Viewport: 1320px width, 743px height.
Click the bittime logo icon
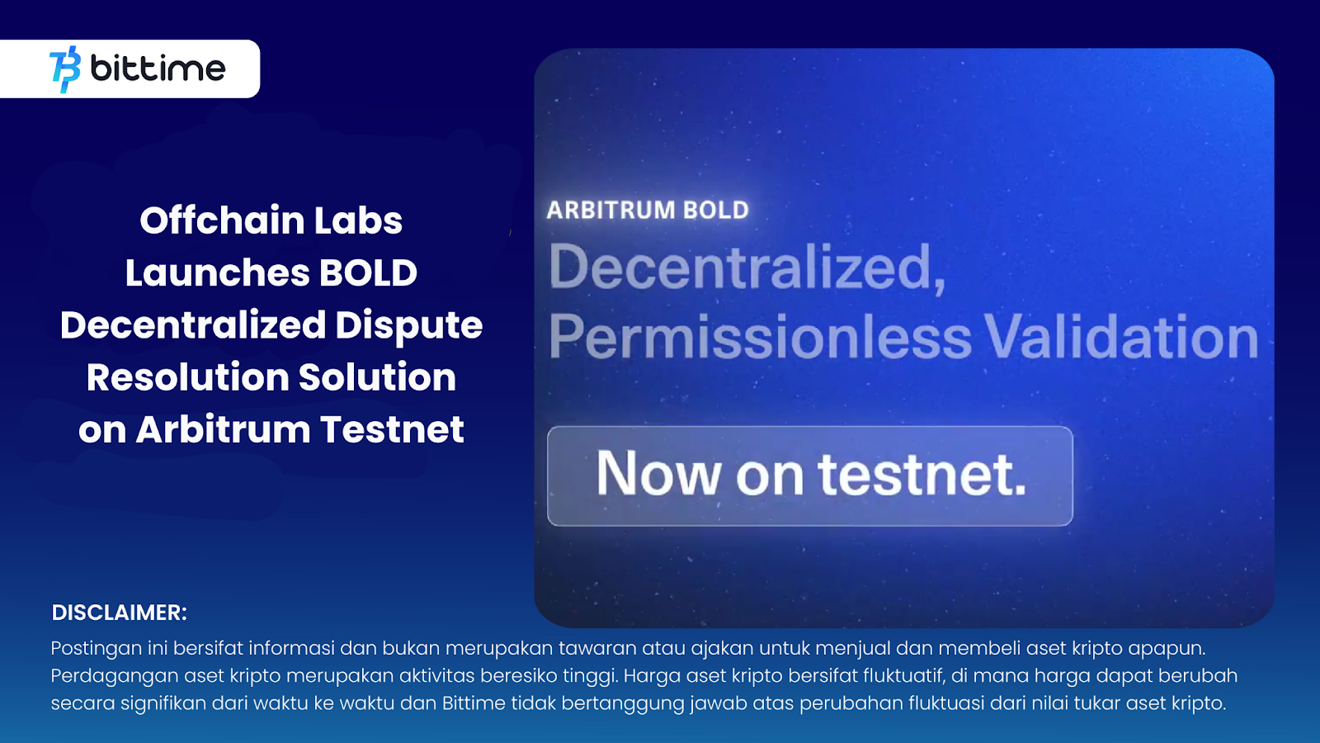click(x=65, y=69)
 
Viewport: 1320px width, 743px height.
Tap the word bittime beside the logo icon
click(x=158, y=69)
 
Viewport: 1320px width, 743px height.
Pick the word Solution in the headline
click(x=377, y=377)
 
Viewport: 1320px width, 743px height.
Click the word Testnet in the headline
click(x=392, y=429)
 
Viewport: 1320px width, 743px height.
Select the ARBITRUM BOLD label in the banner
click(x=648, y=211)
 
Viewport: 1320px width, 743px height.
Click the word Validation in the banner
click(x=1122, y=338)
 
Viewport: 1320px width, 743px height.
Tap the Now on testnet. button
click(x=810, y=476)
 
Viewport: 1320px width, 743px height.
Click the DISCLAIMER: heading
click(x=120, y=613)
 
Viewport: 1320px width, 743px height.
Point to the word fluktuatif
click(x=903, y=676)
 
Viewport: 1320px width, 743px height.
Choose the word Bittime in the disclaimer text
click(x=474, y=703)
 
